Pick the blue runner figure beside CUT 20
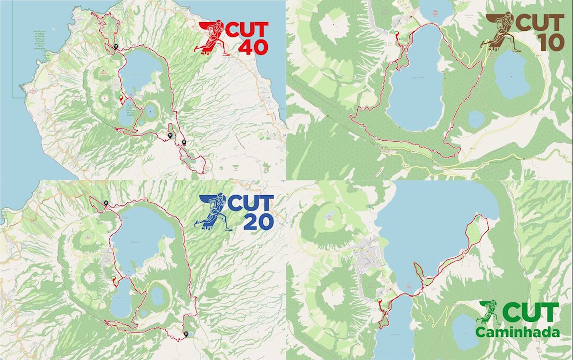coord(212,212)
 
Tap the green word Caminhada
coord(518,333)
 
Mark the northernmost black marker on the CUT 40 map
coord(116,47)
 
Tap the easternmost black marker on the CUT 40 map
coord(184,142)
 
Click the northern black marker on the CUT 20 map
coord(105,203)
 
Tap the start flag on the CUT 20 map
coord(113,278)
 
